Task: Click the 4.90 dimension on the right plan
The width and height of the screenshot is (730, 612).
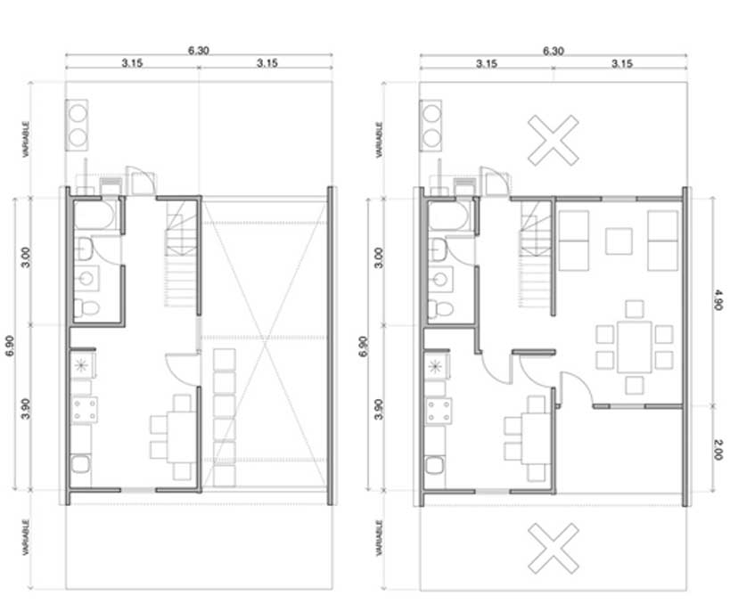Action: click(x=718, y=300)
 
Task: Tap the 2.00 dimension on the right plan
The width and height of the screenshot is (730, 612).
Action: click(x=718, y=450)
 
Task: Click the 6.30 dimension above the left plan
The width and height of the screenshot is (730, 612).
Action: click(x=199, y=50)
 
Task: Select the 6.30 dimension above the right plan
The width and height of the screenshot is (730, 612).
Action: click(x=554, y=51)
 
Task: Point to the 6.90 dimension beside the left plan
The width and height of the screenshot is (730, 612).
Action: click(x=10, y=346)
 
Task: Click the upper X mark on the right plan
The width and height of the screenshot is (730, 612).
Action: click(x=554, y=140)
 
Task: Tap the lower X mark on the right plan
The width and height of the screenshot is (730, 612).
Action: click(x=554, y=548)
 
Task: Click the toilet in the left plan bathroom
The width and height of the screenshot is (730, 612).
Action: click(x=86, y=307)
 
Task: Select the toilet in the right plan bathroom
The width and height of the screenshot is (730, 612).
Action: click(x=440, y=308)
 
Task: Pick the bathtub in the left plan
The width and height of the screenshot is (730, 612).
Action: click(x=94, y=216)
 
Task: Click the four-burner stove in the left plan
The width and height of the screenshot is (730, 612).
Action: click(x=85, y=410)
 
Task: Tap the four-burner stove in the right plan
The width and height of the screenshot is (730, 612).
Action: click(x=439, y=411)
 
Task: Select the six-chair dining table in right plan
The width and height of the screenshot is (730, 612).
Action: click(x=635, y=347)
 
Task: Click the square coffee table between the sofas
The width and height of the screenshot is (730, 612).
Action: click(x=619, y=241)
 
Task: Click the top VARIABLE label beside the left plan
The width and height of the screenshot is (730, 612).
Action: click(x=26, y=139)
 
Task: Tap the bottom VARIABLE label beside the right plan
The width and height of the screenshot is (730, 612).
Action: click(x=380, y=537)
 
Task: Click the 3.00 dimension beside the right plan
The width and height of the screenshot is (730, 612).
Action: click(x=380, y=257)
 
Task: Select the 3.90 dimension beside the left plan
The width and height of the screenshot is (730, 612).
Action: click(x=26, y=409)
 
